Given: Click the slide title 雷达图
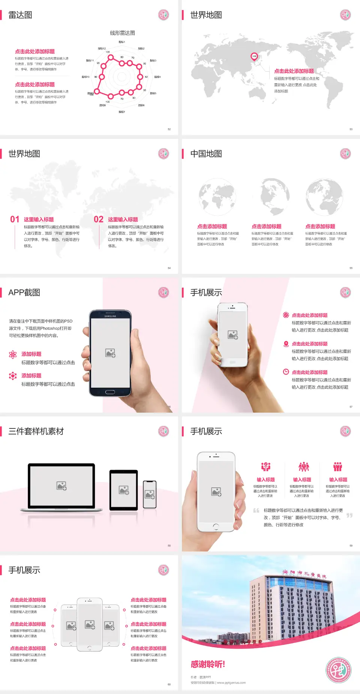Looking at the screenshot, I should click(20, 15).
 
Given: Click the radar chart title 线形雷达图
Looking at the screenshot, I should click(122, 33).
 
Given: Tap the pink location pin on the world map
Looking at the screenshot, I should click(254, 57).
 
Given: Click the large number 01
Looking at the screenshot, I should click(15, 219).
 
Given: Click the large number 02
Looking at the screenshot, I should click(99, 219).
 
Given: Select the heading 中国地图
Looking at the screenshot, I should click(206, 154).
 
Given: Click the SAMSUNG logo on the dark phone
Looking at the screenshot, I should click(110, 316).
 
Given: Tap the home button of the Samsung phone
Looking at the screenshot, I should click(110, 392).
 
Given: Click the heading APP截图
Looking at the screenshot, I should click(24, 293).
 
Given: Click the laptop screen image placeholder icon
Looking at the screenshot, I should click(61, 486).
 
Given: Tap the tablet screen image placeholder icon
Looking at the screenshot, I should click(124, 490).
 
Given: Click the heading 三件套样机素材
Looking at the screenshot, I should click(36, 431).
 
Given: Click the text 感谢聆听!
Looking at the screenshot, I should click(208, 664).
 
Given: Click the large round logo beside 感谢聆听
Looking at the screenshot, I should click(338, 670).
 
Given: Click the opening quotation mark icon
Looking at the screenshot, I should click(256, 511).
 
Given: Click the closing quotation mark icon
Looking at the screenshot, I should click(349, 515).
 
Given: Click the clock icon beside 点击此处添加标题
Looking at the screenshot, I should click(286, 372).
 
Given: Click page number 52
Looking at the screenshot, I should click(169, 129).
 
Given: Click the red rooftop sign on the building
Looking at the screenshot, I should click(304, 573).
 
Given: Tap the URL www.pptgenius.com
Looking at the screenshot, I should click(231, 683).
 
